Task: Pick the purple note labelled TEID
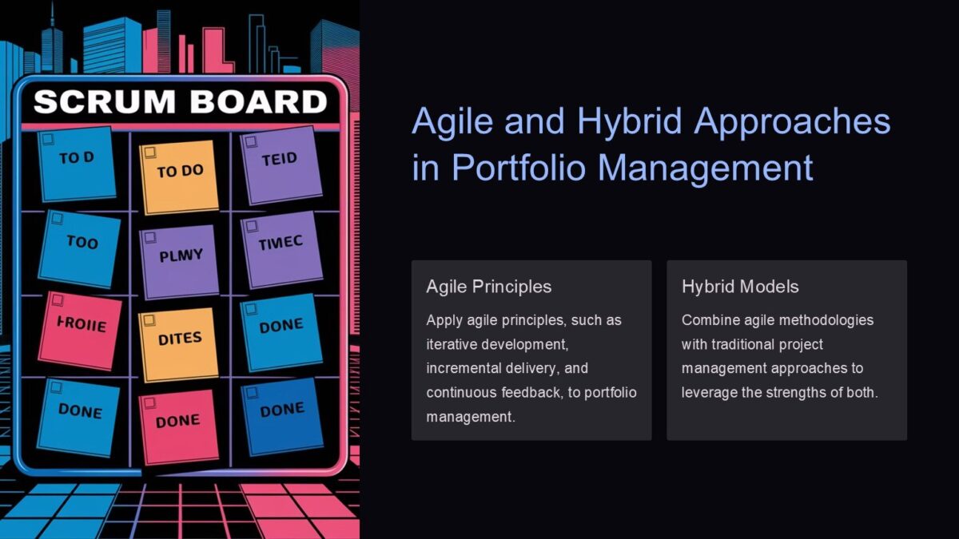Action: pos(280,164)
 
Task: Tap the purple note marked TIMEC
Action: pos(281,248)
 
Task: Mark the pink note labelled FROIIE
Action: pos(81,330)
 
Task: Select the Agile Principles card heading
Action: pos(488,287)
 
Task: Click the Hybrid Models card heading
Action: pos(740,287)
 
